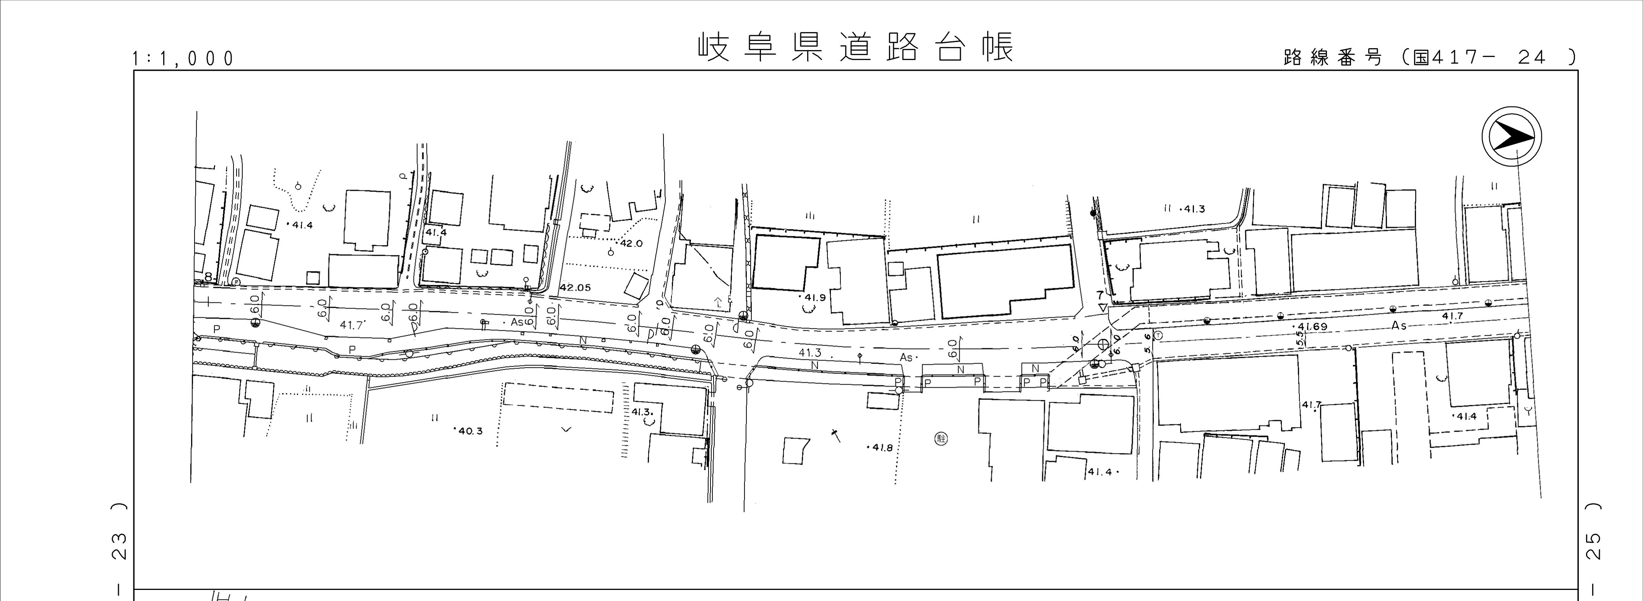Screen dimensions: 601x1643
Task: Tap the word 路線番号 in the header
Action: (1332, 57)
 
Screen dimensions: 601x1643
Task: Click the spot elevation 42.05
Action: (575, 288)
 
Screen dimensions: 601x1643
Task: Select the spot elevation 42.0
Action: (630, 244)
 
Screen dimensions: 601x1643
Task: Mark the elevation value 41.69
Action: (1311, 326)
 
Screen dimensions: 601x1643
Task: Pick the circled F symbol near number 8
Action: (235, 281)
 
